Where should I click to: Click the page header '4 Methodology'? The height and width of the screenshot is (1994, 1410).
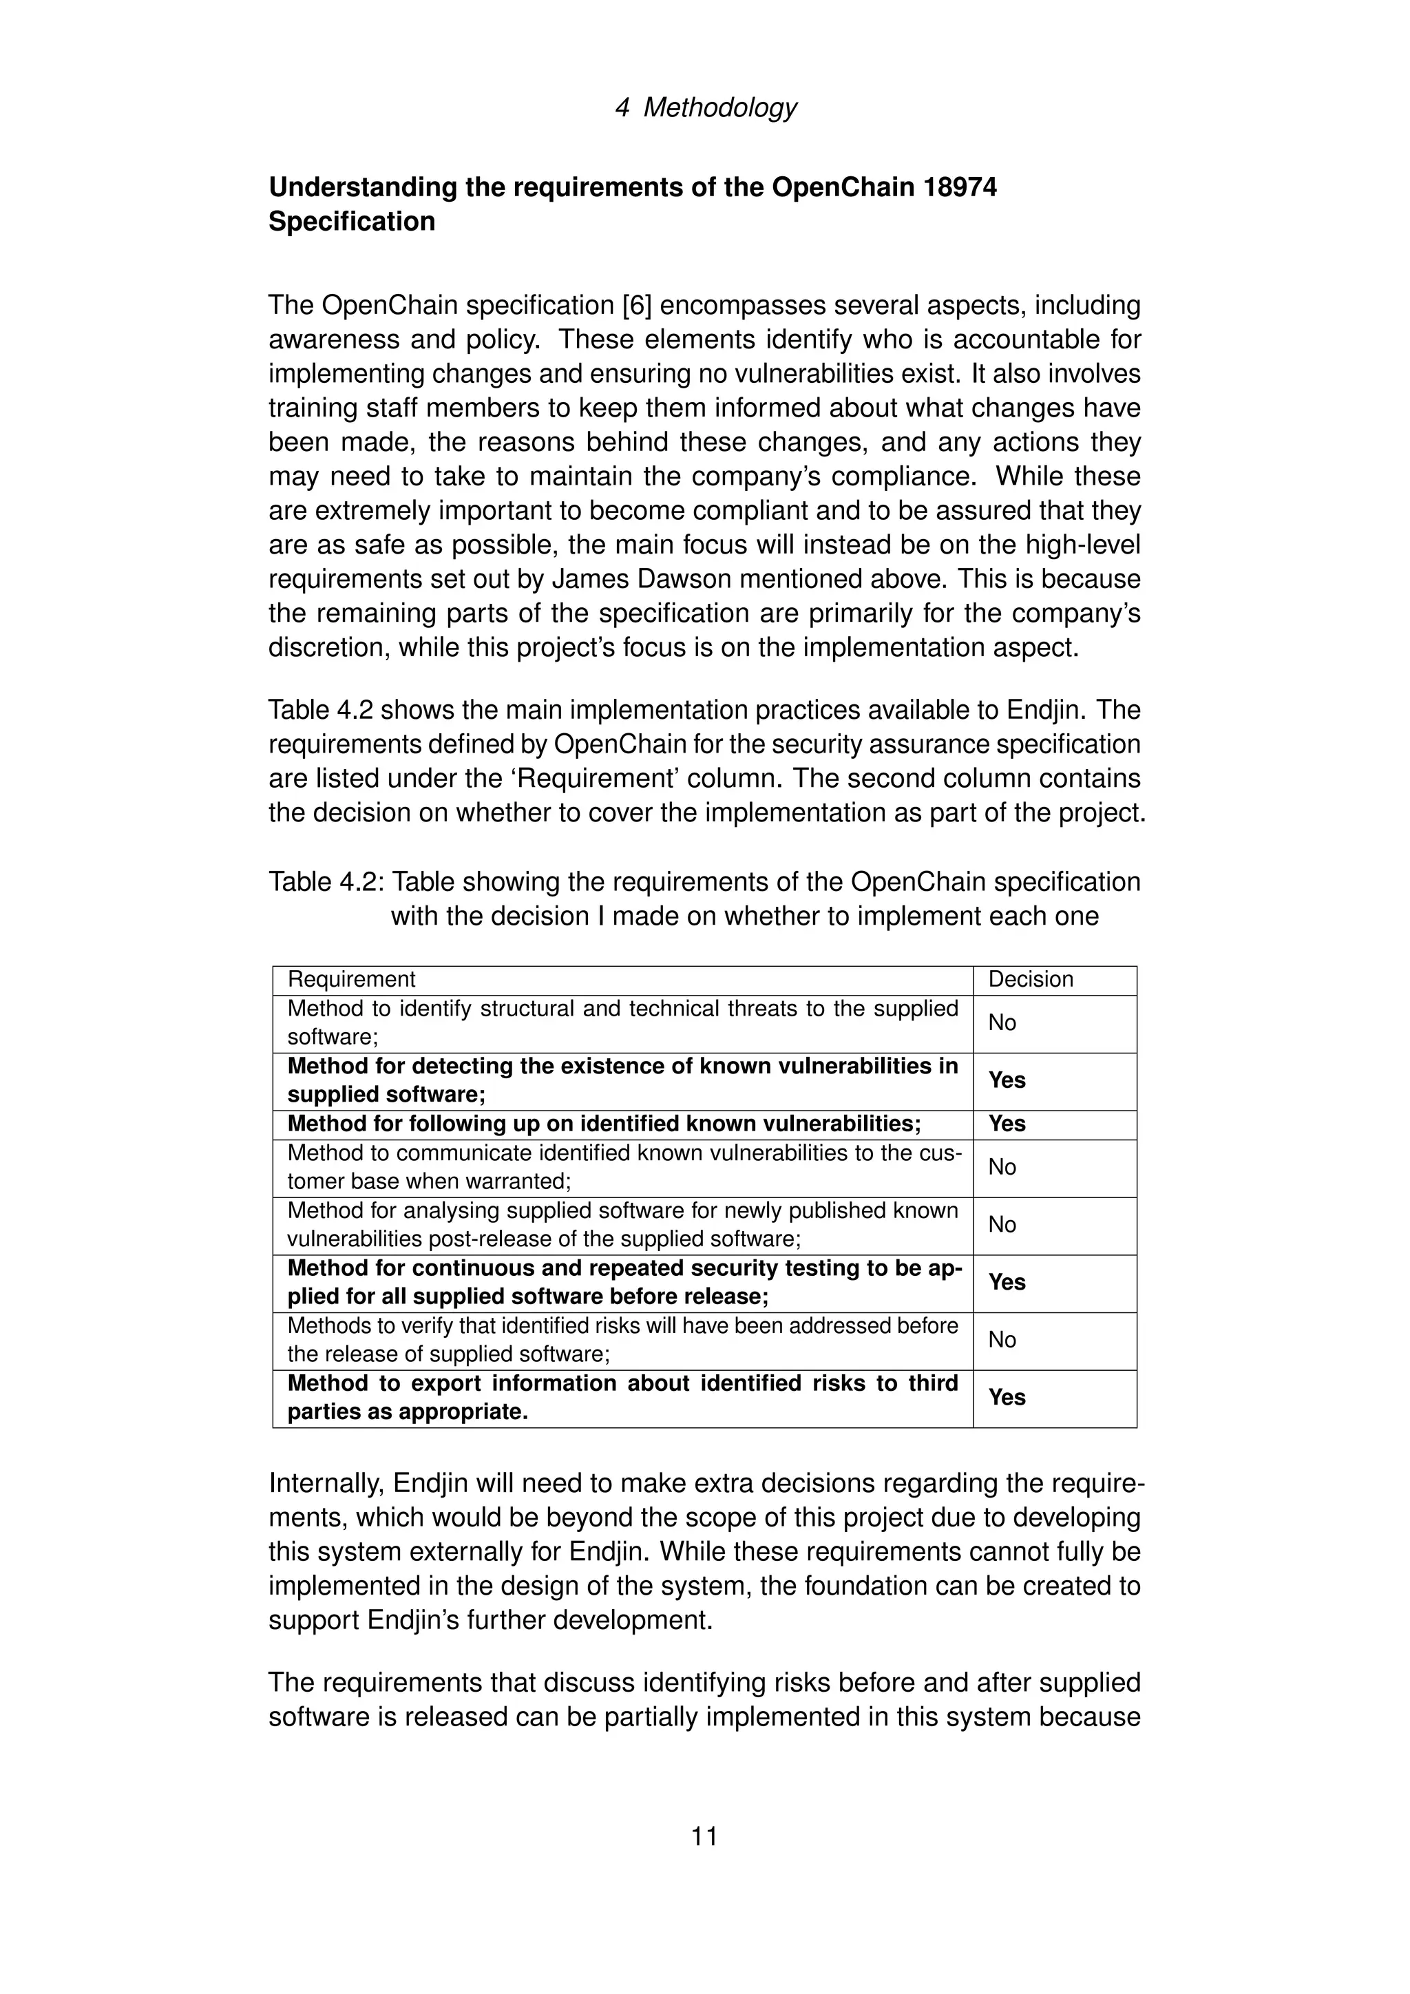point(705,107)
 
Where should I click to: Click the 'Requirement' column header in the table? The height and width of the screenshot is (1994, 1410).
point(352,980)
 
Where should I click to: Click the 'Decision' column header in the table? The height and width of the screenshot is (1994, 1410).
point(1031,980)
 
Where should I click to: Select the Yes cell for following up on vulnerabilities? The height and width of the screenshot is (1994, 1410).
point(1007,1124)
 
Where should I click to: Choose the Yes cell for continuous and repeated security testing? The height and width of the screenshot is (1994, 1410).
point(1007,1283)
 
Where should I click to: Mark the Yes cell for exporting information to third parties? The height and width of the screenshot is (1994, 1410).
point(1007,1397)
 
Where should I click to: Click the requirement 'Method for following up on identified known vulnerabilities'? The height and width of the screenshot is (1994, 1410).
point(603,1124)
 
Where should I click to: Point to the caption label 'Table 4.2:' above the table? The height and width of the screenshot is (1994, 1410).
point(326,883)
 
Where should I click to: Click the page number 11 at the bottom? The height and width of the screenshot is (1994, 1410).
point(704,1837)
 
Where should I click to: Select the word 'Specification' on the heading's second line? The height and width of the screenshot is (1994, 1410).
point(352,222)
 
